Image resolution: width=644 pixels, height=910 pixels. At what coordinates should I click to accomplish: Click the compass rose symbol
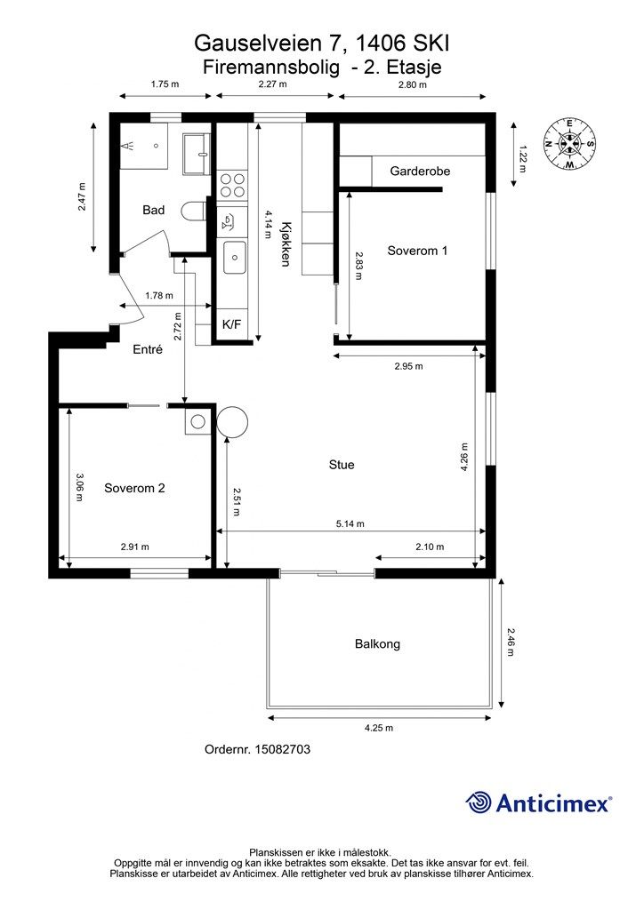pyautogui.click(x=569, y=143)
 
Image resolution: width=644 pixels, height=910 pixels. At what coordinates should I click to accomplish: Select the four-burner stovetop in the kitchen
pyautogui.click(x=232, y=186)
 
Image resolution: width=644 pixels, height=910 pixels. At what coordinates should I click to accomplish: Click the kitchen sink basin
pyautogui.click(x=235, y=257)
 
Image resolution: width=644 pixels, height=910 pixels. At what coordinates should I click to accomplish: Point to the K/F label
pyautogui.click(x=231, y=324)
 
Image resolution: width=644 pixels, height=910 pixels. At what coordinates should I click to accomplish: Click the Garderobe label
pyautogui.click(x=420, y=172)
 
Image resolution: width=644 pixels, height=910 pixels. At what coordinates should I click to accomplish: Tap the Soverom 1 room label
pyautogui.click(x=417, y=251)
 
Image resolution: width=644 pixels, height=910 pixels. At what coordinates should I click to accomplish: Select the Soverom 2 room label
pyautogui.click(x=134, y=488)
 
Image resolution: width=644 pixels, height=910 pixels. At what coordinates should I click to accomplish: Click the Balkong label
pyautogui.click(x=377, y=644)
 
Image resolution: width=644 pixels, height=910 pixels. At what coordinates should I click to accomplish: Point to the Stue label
pyautogui.click(x=342, y=465)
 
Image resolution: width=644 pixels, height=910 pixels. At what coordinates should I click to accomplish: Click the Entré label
pyautogui.click(x=148, y=349)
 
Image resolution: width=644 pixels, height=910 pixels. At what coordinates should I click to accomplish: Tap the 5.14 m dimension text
pyautogui.click(x=350, y=523)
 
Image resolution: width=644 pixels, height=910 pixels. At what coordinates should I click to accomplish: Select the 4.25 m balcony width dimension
pyautogui.click(x=379, y=728)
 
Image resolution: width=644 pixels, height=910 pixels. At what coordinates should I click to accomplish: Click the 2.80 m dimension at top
pyautogui.click(x=413, y=84)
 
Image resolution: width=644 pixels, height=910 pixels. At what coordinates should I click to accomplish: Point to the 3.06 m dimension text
pyautogui.click(x=79, y=488)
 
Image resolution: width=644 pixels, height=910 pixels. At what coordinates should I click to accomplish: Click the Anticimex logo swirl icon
pyautogui.click(x=479, y=802)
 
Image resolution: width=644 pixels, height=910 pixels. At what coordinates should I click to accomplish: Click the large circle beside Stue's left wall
pyautogui.click(x=232, y=422)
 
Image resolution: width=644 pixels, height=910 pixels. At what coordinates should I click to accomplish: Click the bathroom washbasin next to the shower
pyautogui.click(x=197, y=154)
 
